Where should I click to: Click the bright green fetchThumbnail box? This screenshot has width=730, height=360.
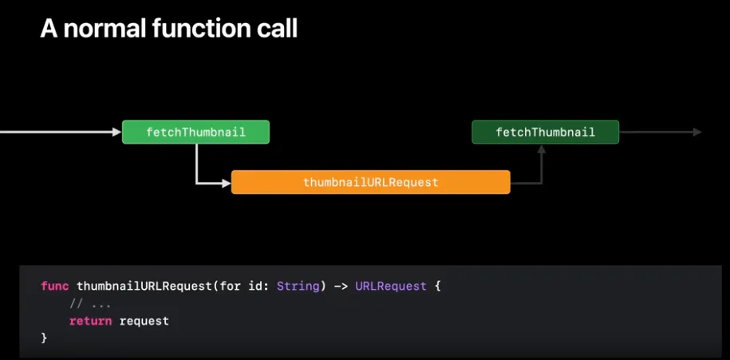[x=195, y=132]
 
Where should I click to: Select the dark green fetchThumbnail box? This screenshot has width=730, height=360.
[x=545, y=132]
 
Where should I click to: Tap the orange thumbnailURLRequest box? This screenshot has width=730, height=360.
[x=370, y=182]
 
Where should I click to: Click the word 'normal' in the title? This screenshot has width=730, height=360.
[x=106, y=29]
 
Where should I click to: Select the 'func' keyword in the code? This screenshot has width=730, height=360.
[x=55, y=286]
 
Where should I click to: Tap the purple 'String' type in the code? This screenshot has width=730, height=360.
[x=297, y=286]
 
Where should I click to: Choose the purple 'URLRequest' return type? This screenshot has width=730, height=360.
[x=391, y=286]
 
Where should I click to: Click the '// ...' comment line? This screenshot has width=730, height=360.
[x=89, y=303]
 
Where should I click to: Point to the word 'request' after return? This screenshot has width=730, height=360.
[x=144, y=321]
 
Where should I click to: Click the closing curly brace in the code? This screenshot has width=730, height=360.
[x=45, y=338]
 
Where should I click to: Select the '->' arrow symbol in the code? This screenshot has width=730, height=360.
[x=339, y=286]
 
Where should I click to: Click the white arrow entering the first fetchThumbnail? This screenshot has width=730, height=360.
[x=56, y=132]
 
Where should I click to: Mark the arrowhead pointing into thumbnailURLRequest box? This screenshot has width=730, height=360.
[x=225, y=183]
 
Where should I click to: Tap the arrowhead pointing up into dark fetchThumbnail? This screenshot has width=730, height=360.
[x=541, y=151]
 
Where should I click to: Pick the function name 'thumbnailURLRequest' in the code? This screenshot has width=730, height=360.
[x=144, y=286]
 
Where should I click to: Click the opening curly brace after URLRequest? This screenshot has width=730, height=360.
[x=437, y=286]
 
